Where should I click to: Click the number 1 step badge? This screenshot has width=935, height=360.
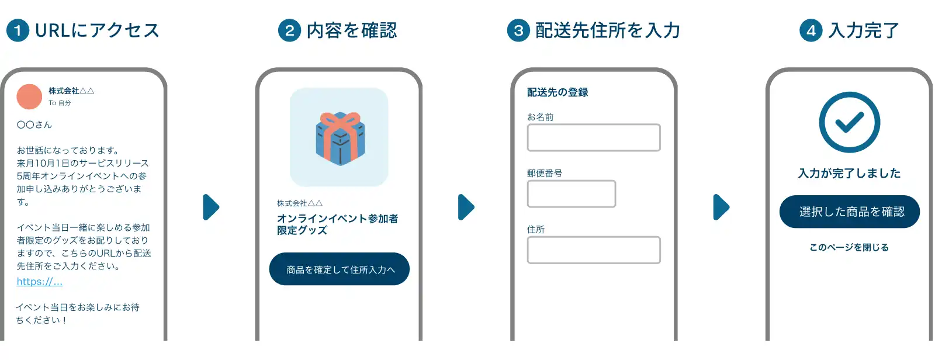click(x=18, y=30)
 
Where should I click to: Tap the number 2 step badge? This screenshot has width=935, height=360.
click(x=289, y=30)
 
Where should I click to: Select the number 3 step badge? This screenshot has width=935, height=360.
click(x=518, y=30)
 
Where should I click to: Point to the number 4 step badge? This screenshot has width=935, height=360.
click(x=811, y=30)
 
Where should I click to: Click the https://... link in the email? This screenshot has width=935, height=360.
click(x=39, y=282)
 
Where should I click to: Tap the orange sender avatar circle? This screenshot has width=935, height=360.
click(x=29, y=96)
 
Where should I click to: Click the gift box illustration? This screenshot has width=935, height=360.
click(x=340, y=138)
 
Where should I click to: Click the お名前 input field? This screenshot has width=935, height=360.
click(x=594, y=138)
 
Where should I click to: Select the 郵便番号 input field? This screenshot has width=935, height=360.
click(x=571, y=193)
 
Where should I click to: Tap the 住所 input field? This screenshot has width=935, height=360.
click(x=594, y=250)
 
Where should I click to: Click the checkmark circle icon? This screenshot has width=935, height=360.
click(x=849, y=122)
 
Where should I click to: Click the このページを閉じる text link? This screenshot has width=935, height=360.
click(x=849, y=248)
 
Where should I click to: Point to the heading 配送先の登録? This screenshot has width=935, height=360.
click(x=557, y=92)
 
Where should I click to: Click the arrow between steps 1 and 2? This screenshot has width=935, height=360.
click(x=211, y=207)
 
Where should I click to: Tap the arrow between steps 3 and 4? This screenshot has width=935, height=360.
click(x=721, y=207)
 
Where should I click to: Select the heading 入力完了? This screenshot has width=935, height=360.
click(x=863, y=30)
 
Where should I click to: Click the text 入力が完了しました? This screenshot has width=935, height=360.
click(x=849, y=174)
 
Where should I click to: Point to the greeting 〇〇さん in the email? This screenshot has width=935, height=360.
click(x=34, y=125)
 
